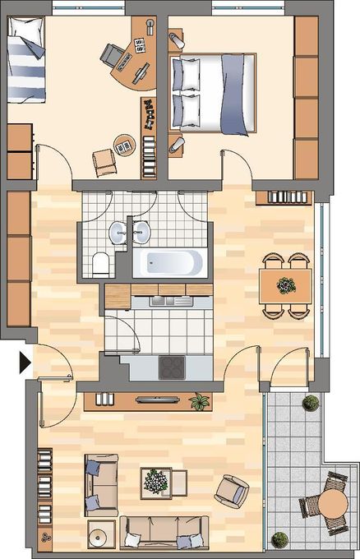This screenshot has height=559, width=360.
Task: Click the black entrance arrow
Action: pos(24,360)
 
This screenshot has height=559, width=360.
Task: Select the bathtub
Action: pos(169,264)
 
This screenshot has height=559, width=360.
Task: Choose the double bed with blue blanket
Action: pos(214,90)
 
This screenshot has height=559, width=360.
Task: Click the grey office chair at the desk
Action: pos(113,53)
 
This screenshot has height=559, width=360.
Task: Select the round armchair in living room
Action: pos(232,492)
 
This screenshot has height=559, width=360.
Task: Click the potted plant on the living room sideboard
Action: pos(200,401)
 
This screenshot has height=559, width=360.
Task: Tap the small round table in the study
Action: pos(125,146)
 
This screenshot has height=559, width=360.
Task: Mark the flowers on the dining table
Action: pos(286,285)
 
